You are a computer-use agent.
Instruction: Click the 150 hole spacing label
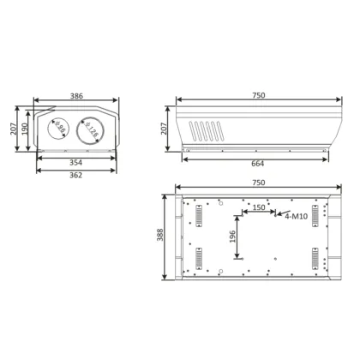click(x=257, y=208)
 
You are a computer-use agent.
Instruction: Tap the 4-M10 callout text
click(x=296, y=217)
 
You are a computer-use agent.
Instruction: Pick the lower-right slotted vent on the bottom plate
click(x=315, y=257)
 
